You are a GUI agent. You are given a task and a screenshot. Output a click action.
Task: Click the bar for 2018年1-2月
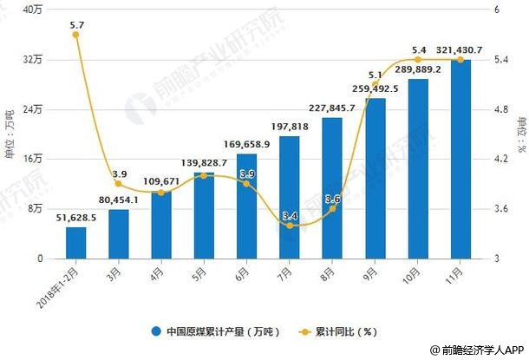(76, 243)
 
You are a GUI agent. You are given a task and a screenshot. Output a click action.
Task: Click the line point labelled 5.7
(76, 35)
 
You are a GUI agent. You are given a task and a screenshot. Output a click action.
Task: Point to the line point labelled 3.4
(289, 226)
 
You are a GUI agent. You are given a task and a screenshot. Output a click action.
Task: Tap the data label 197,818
(289, 127)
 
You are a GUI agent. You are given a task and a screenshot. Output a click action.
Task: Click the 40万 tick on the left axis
(33, 10)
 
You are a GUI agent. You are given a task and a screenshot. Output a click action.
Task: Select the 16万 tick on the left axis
(33, 159)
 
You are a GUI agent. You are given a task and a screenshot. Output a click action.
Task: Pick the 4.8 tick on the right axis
(500, 109)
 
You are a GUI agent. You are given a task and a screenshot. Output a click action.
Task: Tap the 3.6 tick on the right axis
(500, 209)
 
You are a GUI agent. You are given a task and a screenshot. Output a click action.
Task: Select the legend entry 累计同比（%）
(341, 331)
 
